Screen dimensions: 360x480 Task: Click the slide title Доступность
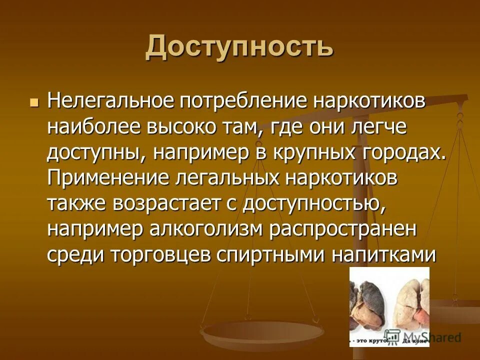(239, 48)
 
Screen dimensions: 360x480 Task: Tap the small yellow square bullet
(34, 102)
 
